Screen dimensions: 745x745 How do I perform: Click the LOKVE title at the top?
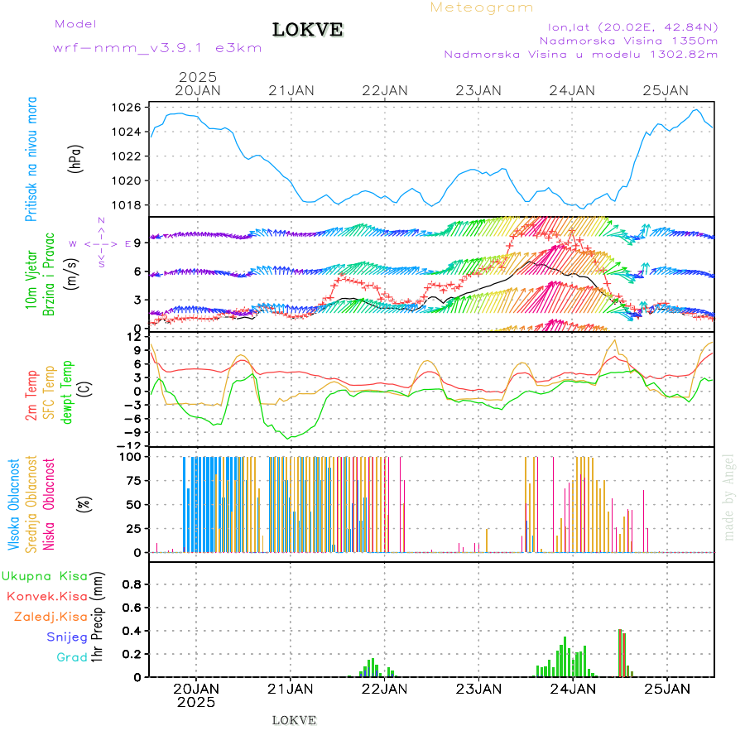point(308,30)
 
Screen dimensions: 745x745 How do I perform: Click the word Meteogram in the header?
point(482,7)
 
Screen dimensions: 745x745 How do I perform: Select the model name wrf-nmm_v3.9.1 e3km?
point(157,48)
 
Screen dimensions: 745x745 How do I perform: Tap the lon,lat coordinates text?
point(627,26)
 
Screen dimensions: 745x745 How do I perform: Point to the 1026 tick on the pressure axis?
point(128,108)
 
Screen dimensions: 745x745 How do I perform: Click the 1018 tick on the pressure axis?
point(128,205)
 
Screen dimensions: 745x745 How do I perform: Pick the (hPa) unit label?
point(76,159)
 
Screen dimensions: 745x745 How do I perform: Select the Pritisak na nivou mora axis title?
point(31,160)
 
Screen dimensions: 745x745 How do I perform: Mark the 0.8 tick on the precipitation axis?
point(131,584)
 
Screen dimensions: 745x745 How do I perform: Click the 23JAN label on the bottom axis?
point(478,688)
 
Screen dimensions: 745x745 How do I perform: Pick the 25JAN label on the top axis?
point(666,90)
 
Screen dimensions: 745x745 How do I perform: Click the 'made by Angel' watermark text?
point(729,497)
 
